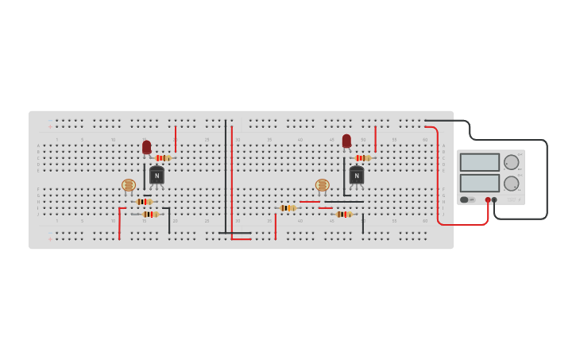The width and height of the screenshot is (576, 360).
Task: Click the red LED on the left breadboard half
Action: pos(147,147)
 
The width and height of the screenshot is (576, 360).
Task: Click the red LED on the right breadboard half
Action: pos(346,141)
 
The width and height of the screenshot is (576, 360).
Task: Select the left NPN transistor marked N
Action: pos(157,176)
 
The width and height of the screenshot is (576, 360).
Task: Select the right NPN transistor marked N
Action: pos(357,176)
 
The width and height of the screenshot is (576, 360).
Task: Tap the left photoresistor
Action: pos(129,185)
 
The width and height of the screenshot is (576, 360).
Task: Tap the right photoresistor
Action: pos(322,185)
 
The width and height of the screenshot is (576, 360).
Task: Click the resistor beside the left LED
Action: pos(163,157)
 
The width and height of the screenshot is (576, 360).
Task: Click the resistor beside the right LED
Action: pos(362,157)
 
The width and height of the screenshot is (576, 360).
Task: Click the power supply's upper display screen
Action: pos(480,162)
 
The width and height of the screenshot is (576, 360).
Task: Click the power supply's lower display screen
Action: pos(480,183)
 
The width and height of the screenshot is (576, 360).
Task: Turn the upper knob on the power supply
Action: pos(511,162)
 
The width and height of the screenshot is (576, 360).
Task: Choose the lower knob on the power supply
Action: pos(511,183)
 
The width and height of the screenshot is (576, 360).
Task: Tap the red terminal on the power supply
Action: pos(488,199)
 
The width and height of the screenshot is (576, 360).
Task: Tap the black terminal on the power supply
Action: pos(494,199)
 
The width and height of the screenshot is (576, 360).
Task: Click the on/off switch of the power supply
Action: pos(465,199)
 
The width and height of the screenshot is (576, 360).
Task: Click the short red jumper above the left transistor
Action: pos(176,138)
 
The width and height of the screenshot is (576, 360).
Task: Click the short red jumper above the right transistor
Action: pos(375,138)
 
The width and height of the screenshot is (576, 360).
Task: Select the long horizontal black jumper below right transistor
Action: pos(344,202)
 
